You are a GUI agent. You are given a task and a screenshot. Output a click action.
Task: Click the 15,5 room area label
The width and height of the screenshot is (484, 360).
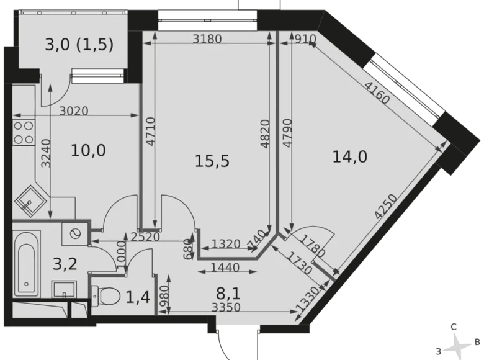(212, 161)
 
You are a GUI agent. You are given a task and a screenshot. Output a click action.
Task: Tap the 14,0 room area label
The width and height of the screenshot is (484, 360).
(349, 157)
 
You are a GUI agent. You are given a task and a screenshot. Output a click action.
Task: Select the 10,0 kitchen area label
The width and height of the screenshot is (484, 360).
(88, 150)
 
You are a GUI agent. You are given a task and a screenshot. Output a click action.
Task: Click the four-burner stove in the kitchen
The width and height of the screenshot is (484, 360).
(24, 132)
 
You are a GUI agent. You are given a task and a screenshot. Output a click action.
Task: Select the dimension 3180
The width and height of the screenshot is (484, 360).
(207, 40)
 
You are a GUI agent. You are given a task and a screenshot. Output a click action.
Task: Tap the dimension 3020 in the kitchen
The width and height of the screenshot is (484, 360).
(74, 112)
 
